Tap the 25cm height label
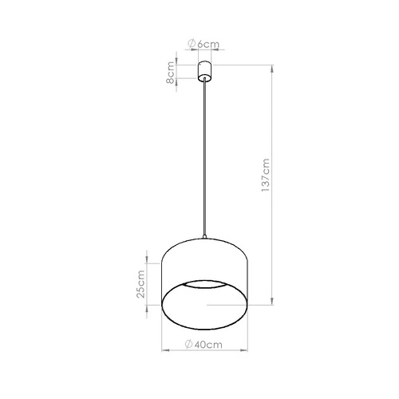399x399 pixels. [141, 283]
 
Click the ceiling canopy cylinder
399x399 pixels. [205, 69]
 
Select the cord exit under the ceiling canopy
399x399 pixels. [205, 81]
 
